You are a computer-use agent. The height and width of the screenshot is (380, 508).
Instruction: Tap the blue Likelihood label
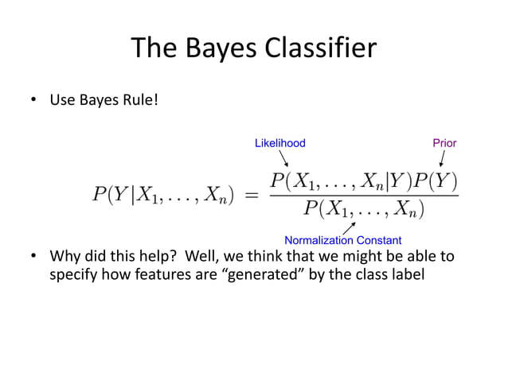[279, 143]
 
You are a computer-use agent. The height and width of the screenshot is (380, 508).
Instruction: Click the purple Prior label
[444, 143]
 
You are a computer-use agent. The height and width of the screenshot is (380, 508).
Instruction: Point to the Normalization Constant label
[343, 240]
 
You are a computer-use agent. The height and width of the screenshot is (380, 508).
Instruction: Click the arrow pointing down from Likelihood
[283, 157]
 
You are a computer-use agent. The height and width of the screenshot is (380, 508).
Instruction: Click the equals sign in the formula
[249, 194]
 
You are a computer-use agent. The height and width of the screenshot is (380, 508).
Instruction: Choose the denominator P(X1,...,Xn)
[365, 210]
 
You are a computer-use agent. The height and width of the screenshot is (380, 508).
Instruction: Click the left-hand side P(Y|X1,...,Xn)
[162, 194]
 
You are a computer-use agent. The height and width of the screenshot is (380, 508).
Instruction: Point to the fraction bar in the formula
[364, 196]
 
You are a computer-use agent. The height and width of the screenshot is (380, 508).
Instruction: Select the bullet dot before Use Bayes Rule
[34, 100]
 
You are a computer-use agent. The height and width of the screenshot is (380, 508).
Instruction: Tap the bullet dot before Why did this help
[34, 257]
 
